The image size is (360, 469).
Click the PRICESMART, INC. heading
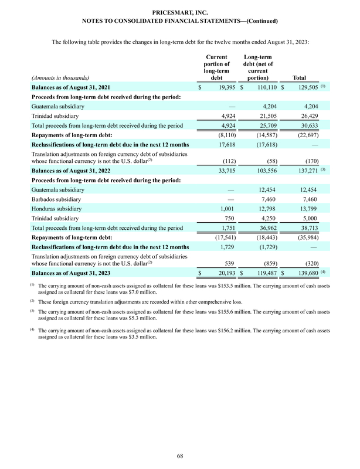(x=179, y=11)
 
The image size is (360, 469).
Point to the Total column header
(x=300, y=77)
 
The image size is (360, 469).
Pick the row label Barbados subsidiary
(x=59, y=200)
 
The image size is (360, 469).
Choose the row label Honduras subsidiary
(x=59, y=209)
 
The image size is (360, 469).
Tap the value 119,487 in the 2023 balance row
(x=264, y=273)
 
